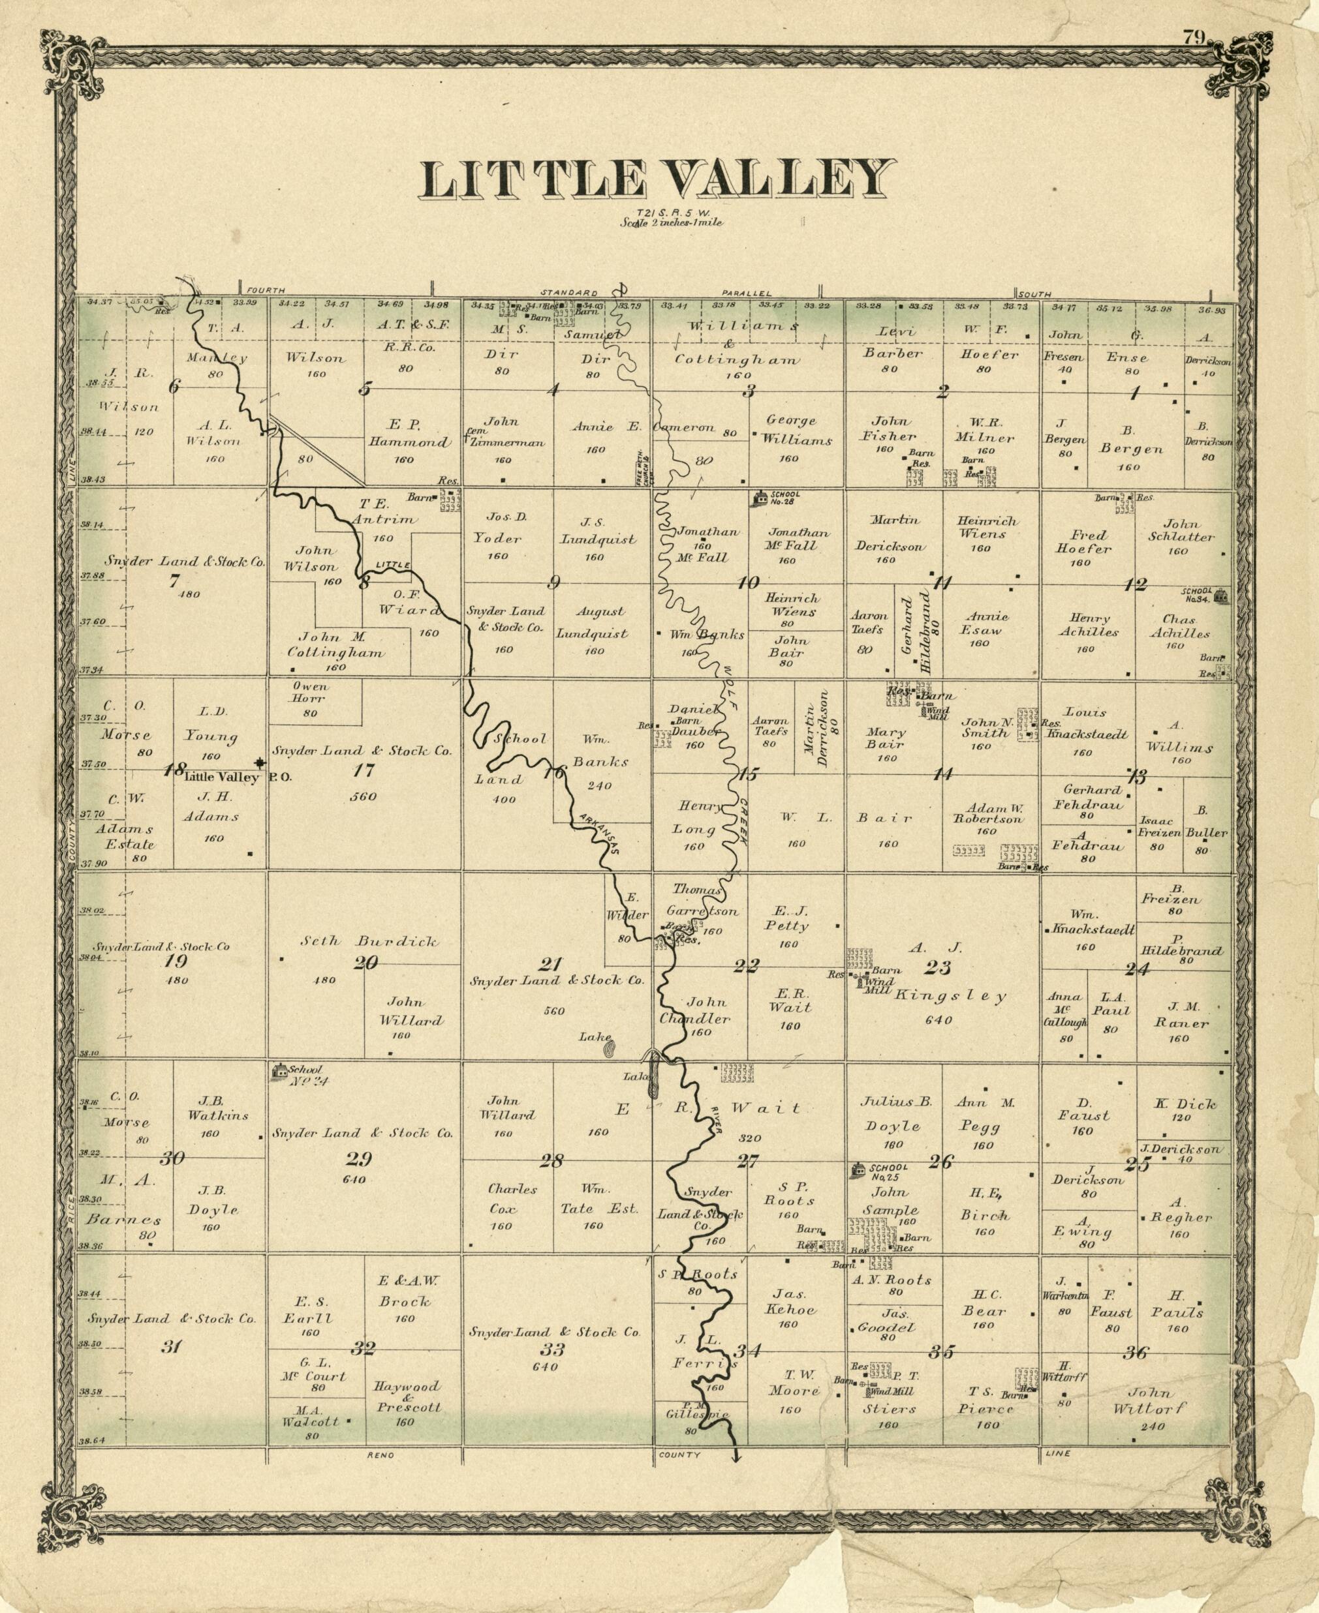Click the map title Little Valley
656,180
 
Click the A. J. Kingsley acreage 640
939,1020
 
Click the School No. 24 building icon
279,1071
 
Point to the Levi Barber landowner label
893,342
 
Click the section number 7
174,581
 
